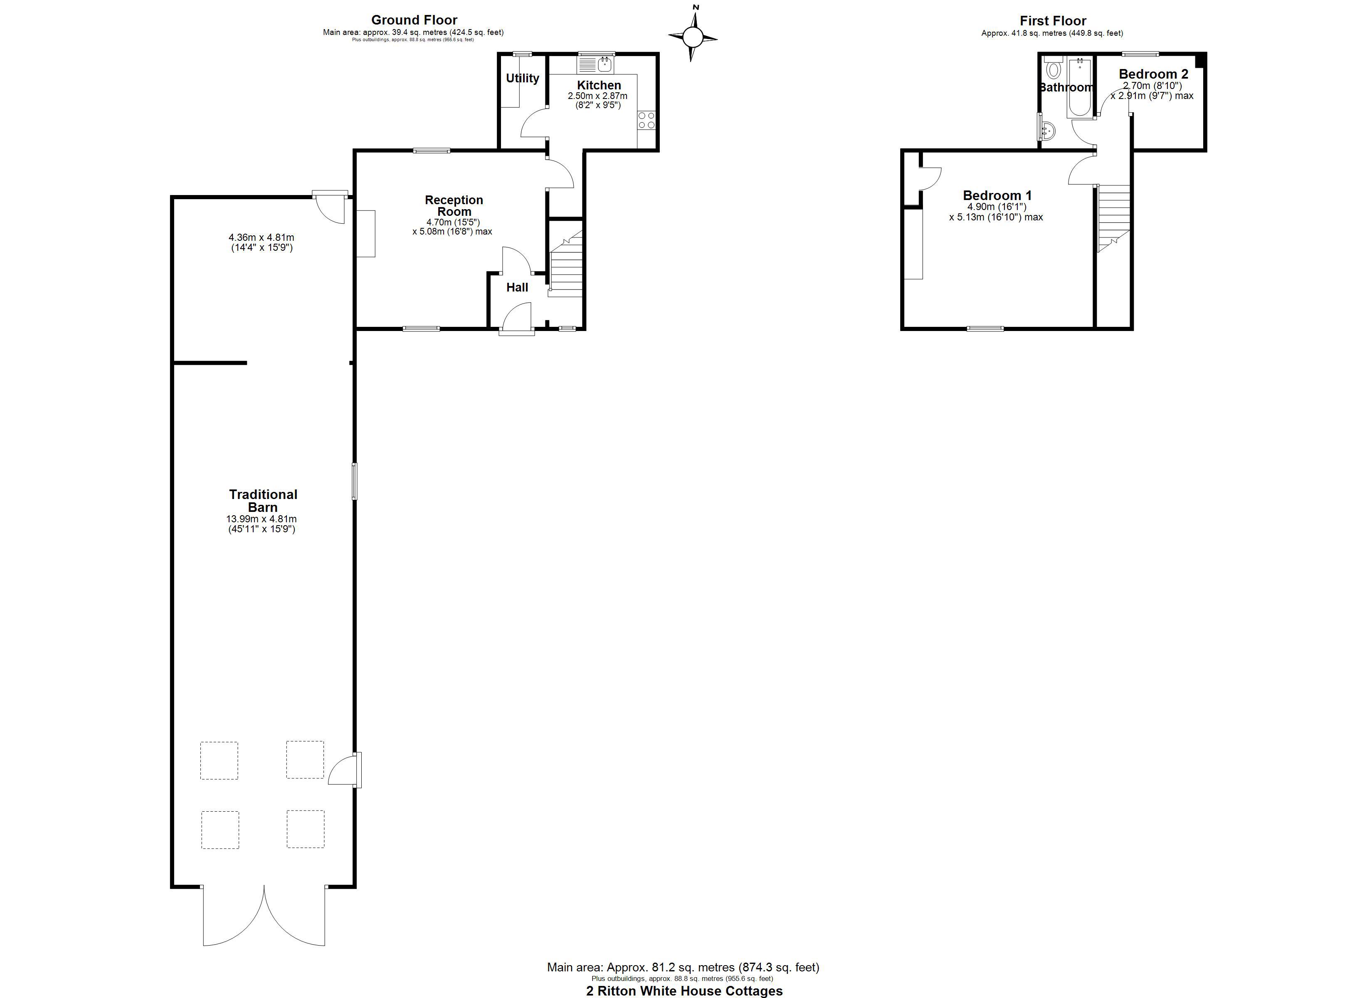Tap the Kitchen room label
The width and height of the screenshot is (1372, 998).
(x=599, y=85)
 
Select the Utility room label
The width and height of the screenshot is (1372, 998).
(x=523, y=78)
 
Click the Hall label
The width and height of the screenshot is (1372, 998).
(x=517, y=287)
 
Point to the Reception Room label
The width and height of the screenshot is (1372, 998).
(x=454, y=206)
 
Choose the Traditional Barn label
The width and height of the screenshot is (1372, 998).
(x=263, y=501)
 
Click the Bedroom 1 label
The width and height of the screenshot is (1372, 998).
(x=997, y=195)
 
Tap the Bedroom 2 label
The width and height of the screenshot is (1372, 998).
(x=1154, y=74)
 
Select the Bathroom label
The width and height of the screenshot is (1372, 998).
(x=1066, y=87)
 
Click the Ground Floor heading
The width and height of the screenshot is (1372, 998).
(x=415, y=20)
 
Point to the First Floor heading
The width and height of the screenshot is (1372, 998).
(x=1053, y=20)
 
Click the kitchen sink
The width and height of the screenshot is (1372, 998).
(x=597, y=64)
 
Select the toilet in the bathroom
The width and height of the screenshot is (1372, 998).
(x=1053, y=68)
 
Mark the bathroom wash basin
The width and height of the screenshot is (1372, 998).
(x=1049, y=128)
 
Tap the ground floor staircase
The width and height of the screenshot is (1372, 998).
(x=567, y=264)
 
